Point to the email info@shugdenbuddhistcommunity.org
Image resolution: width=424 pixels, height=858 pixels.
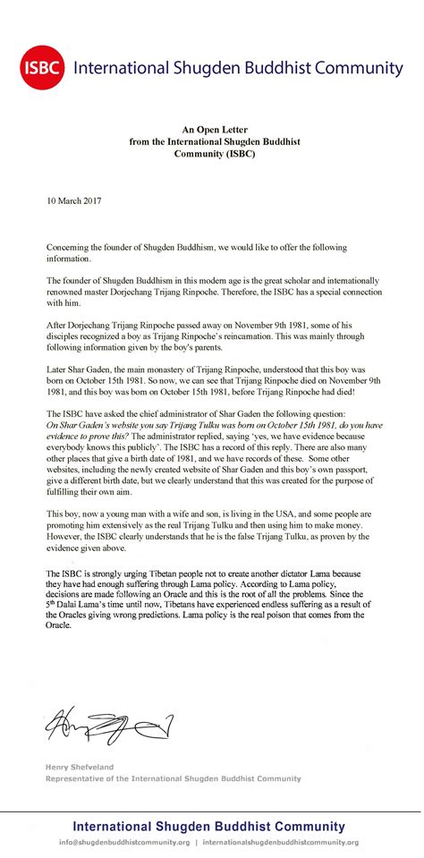125,842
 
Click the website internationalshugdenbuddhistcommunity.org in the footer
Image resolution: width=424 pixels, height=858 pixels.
281,842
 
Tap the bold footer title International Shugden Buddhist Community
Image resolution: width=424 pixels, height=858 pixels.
208,826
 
